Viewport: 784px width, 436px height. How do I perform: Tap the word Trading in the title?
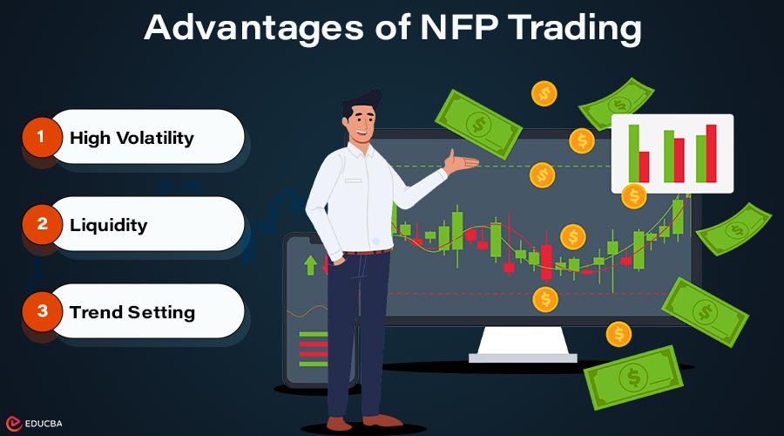[571, 28]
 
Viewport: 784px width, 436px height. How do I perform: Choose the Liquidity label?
[109, 225]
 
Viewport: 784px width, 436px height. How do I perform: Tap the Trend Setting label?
[132, 312]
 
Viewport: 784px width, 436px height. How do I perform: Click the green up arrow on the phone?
[309, 264]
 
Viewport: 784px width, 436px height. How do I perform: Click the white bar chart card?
[672, 153]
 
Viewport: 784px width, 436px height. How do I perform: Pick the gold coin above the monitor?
[544, 92]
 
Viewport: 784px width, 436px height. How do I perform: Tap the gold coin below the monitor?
[618, 332]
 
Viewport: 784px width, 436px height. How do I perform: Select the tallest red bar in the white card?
[711, 153]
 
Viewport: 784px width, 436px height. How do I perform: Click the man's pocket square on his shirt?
[353, 180]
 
